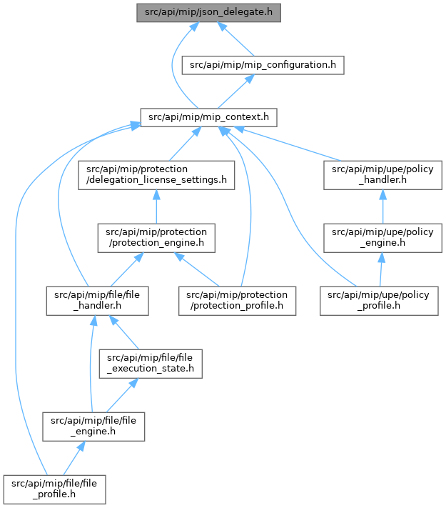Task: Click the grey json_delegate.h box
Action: coord(208,13)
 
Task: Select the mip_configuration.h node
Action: coord(263,65)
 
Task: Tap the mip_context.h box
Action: coord(208,117)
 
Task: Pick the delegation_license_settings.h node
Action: coord(156,175)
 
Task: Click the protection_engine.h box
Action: coord(156,238)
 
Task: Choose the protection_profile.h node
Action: coord(237,301)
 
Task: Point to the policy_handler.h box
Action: coord(382,175)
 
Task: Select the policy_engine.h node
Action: coord(382,238)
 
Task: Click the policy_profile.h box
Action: coord(379,301)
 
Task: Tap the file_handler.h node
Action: coord(98,301)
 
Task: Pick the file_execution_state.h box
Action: coord(151,364)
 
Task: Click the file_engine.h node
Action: coord(93,427)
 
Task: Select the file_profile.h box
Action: coord(54,489)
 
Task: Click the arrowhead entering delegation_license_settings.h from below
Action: coord(156,195)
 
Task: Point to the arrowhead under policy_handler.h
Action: coord(382,195)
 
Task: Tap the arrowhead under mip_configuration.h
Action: coord(250,79)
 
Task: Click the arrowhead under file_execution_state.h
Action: coord(133,383)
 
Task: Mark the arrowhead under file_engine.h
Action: coord(81,446)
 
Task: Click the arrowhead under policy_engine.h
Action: coord(382,257)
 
